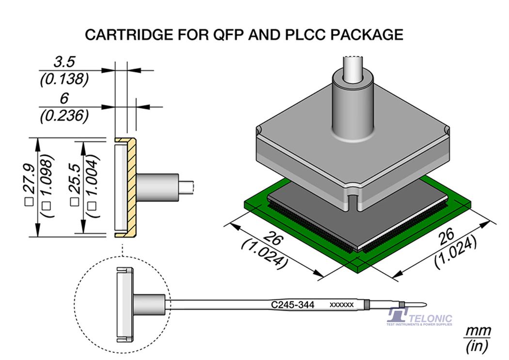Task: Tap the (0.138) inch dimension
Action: pyautogui.click(x=64, y=79)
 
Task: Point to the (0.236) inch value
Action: pyautogui.click(x=64, y=115)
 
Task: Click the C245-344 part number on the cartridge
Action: pyautogui.click(x=292, y=305)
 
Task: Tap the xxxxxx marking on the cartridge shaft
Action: pyautogui.click(x=341, y=305)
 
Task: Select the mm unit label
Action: pyautogui.click(x=478, y=331)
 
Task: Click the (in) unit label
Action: pyautogui.click(x=478, y=346)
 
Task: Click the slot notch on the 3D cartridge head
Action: pyautogui.click(x=352, y=202)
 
